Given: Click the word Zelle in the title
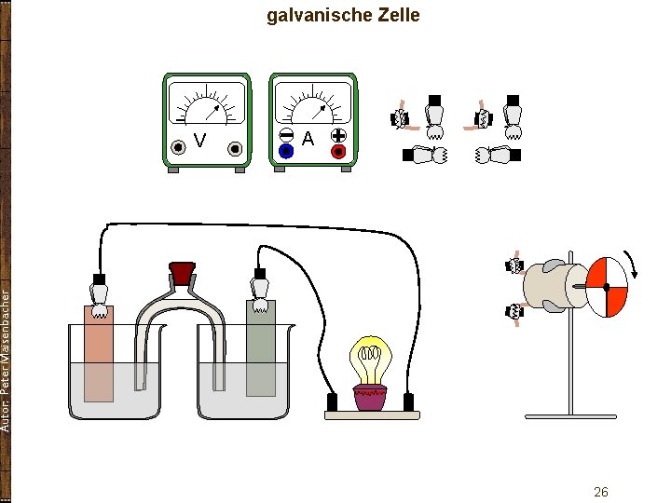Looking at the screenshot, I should point(396,15).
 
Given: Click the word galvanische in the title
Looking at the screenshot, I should point(319,16).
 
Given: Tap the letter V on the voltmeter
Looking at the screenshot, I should point(199,141).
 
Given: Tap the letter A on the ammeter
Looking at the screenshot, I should point(308,139).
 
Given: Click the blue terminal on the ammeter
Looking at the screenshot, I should point(286,150).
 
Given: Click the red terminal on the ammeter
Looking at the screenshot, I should point(337,150).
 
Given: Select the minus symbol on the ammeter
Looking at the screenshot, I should point(286,134).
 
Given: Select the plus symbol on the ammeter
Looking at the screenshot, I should point(337,134).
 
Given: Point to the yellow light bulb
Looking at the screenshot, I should point(370,359).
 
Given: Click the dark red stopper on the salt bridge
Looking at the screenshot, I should point(182,273).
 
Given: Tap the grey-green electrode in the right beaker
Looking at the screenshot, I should point(261,349).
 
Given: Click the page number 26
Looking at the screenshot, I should point(601,492).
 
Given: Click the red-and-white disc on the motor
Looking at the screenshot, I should point(606,286).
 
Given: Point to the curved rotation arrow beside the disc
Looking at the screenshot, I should point(633,265).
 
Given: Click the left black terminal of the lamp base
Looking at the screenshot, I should point(331,402).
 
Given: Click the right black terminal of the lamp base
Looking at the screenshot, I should point(408,402).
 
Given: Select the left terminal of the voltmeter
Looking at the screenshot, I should point(177,147).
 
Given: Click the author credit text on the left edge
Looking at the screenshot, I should point(6,359).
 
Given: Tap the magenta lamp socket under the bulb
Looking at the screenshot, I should point(370,398).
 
